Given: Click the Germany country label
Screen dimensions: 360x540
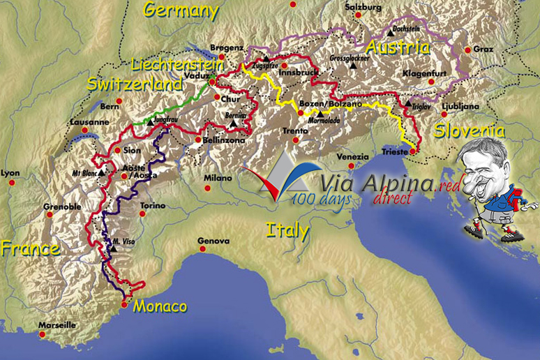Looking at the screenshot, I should [181, 10].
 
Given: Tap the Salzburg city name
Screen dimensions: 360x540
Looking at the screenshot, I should [364, 8].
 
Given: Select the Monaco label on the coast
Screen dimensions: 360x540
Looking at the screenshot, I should [160, 306].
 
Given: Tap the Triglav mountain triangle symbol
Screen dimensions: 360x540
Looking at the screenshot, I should [408, 103].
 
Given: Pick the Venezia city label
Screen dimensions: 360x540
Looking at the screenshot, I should [352, 156].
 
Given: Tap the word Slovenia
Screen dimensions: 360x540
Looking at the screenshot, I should [469, 130].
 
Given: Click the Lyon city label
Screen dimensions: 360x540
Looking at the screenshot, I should [11, 173].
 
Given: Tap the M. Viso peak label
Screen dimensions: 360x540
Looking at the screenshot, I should [123, 242].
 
